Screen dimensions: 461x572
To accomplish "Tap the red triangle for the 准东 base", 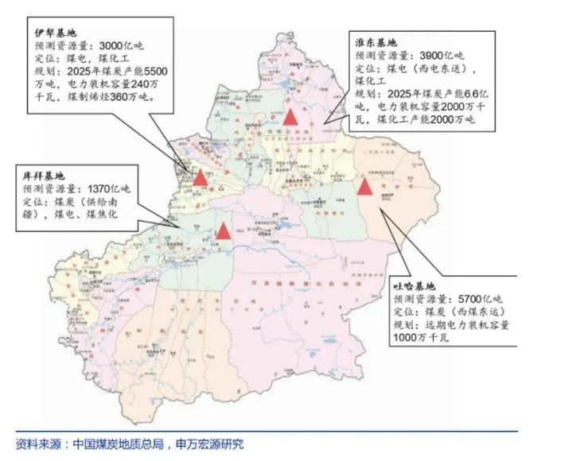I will coord(291,118).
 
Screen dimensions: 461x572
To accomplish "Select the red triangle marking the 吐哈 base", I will coord(365,187).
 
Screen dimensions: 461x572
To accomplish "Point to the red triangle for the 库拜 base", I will coord(224,231).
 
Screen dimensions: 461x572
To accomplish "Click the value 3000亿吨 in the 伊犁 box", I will coord(122,47).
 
